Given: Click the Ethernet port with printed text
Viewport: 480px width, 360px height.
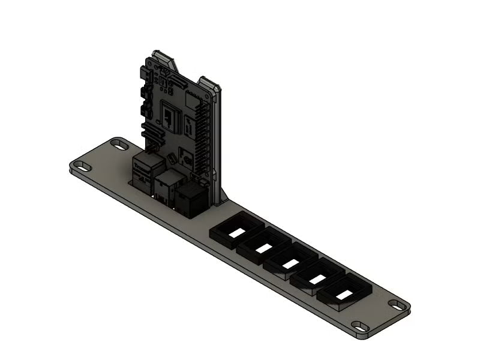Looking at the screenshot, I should [x=144, y=170].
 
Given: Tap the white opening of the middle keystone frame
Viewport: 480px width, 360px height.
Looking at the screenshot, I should [x=290, y=263].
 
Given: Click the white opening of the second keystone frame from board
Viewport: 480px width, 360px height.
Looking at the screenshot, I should [x=263, y=247].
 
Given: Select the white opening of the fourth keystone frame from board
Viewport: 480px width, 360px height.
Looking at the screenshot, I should [x=317, y=278].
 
